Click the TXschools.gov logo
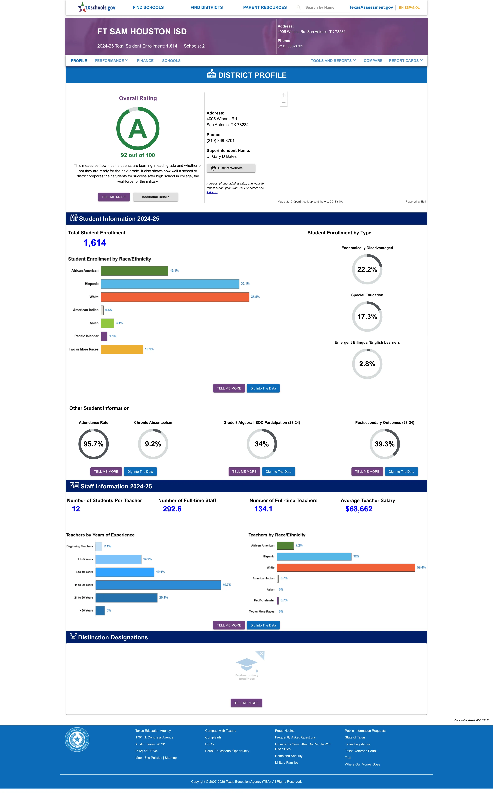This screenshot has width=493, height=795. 96,7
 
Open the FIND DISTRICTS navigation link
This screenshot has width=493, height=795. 206,7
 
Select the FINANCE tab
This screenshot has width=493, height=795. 145,61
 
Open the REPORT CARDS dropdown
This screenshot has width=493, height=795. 406,61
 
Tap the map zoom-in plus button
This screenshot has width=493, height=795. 284,95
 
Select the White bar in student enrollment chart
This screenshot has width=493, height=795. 175,297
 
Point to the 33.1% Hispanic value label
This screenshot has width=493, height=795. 245,284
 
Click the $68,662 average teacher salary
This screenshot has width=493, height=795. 359,509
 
